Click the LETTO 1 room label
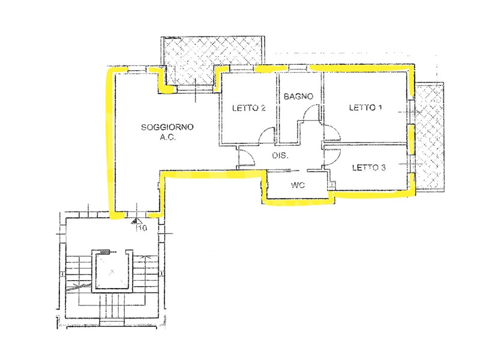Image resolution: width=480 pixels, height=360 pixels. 365,107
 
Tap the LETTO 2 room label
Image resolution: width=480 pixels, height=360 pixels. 248,108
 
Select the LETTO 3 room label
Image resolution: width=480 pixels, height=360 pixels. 369,167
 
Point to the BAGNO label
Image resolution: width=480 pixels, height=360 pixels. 298,97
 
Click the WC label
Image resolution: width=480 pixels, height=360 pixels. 298,185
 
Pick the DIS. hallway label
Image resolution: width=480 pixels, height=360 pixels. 280,155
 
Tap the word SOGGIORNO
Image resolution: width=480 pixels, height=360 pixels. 167,127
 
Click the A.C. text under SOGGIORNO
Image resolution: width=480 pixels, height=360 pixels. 167,137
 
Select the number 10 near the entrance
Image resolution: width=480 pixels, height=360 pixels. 143,228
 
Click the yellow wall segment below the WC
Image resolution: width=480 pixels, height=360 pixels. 297,202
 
